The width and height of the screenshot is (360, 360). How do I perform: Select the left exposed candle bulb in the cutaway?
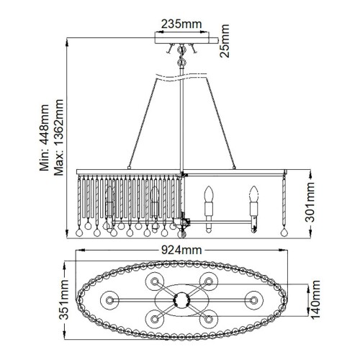pyautogui.click(x=210, y=194)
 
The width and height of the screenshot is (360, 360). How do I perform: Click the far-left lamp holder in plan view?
pyautogui.click(x=110, y=298)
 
